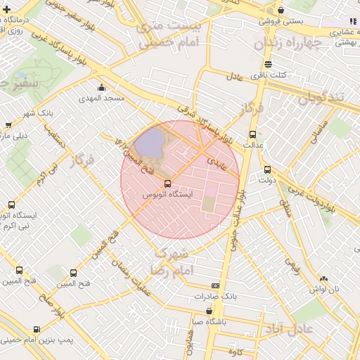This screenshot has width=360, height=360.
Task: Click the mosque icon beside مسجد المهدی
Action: [x=102, y=88]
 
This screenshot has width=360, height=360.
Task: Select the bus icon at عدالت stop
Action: [x=252, y=135]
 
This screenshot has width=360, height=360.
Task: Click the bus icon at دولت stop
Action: [x=266, y=169]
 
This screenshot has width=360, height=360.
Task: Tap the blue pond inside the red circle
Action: [x=147, y=143]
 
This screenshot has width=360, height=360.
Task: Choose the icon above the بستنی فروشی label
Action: [x=281, y=11]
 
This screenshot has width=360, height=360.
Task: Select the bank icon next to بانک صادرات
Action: [x=214, y=285]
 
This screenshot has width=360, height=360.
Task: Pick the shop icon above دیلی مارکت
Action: [x=8, y=125]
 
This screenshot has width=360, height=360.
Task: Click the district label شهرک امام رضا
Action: [x=169, y=261]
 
